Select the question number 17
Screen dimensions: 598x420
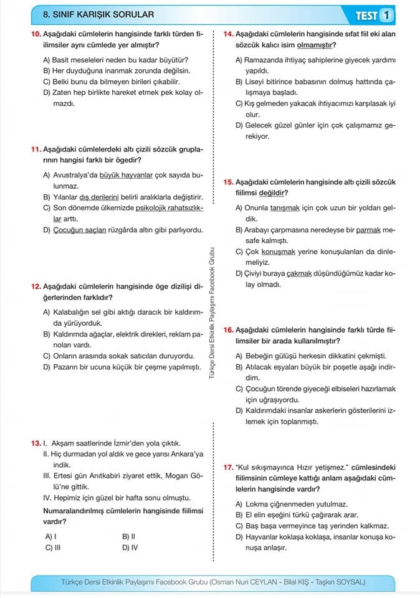coord(228,467)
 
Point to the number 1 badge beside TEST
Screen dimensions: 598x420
coord(388,14)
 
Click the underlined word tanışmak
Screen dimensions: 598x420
coord(285,208)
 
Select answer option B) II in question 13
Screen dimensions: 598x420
coord(129,536)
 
